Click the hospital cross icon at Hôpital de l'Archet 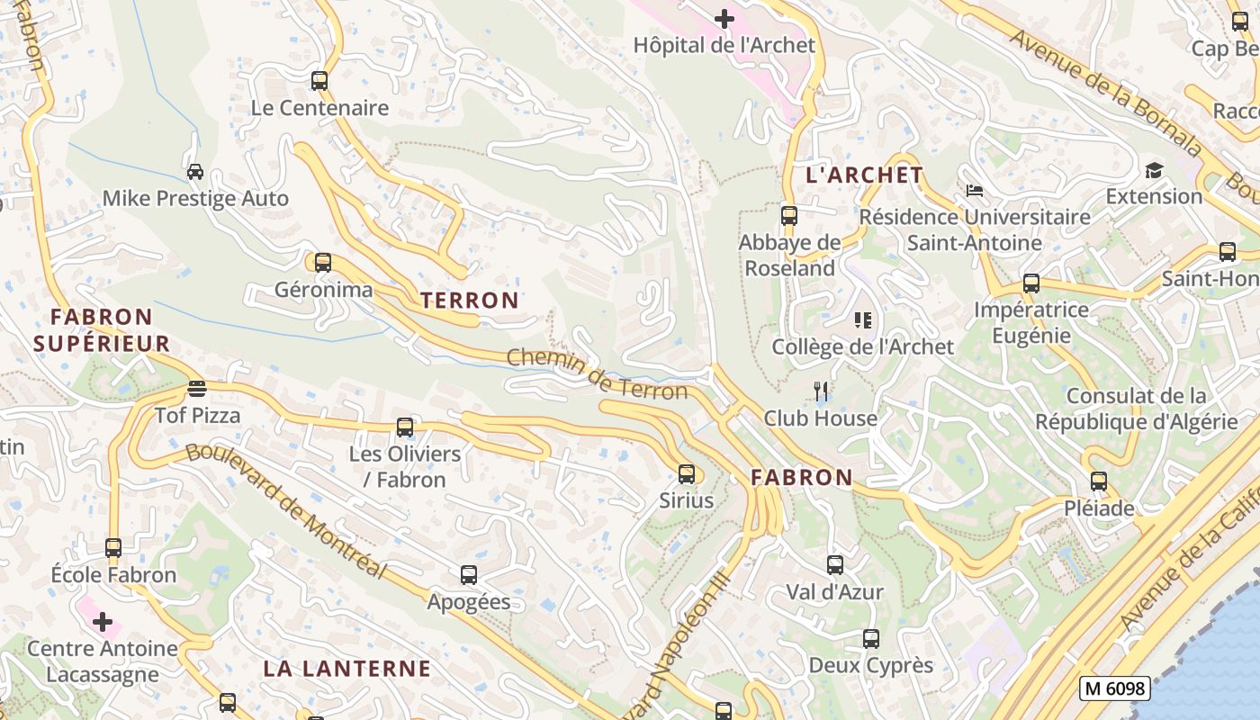pyautogui.click(x=724, y=18)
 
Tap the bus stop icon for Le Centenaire pyautogui.click(x=319, y=81)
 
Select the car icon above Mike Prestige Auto pyautogui.click(x=195, y=171)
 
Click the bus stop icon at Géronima pyautogui.click(x=322, y=263)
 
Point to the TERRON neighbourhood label pyautogui.click(x=470, y=301)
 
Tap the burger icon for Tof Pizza pyautogui.click(x=197, y=389)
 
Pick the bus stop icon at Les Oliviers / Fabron pyautogui.click(x=405, y=427)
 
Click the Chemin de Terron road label pyautogui.click(x=597, y=373)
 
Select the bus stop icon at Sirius pyautogui.click(x=687, y=474)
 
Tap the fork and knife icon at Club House pyautogui.click(x=820, y=391)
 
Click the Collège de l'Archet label pyautogui.click(x=862, y=347)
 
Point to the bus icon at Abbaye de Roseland pyautogui.click(x=789, y=216)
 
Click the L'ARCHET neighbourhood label pyautogui.click(x=864, y=175)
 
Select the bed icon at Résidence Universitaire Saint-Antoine pyautogui.click(x=974, y=191)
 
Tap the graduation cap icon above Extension pyautogui.click(x=1154, y=170)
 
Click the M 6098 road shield pyautogui.click(x=1115, y=688)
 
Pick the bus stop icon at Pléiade pyautogui.click(x=1099, y=481)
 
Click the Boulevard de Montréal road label pyautogui.click(x=286, y=512)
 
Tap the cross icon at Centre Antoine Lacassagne pyautogui.click(x=103, y=622)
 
